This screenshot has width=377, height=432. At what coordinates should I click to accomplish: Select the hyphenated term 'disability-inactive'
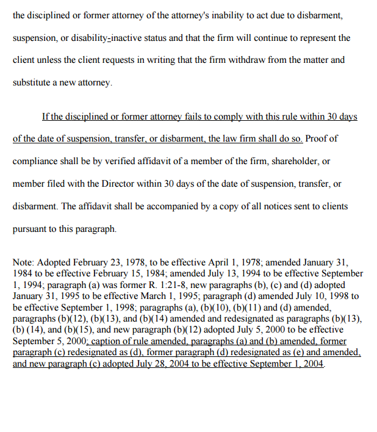[130, 38]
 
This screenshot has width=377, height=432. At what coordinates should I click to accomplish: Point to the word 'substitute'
[33, 83]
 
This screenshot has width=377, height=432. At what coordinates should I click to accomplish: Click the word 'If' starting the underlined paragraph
[45, 116]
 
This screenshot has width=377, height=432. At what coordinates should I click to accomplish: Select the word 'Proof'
[317, 139]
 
